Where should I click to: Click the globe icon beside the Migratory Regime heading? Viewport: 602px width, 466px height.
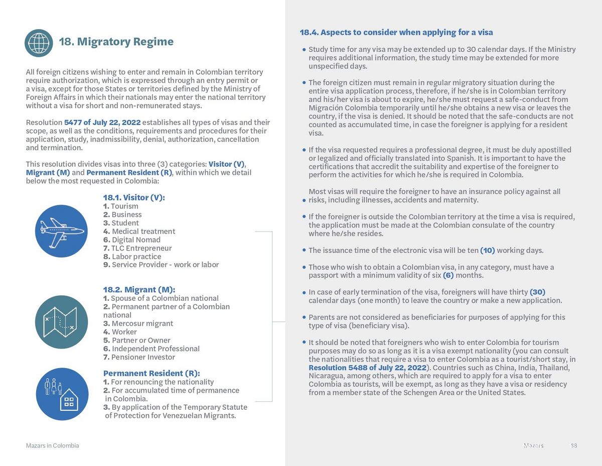[39, 43]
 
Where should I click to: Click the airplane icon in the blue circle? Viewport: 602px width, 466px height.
[61, 231]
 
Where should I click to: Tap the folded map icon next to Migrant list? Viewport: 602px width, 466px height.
[61, 321]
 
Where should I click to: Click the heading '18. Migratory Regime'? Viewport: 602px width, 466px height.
[116, 42]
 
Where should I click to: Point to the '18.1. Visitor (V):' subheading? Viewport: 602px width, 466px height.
[133, 197]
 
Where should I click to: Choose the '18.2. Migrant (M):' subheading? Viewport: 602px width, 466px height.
[139, 289]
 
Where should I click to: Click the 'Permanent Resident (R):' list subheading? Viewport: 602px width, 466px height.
[152, 373]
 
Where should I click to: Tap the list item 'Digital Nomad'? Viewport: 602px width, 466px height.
[136, 240]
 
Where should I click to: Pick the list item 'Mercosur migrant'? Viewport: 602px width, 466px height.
[142, 323]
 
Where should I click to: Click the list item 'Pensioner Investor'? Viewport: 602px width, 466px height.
[143, 357]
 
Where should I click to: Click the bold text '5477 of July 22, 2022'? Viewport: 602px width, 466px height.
[102, 123]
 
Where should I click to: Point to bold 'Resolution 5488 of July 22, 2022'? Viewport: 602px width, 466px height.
[367, 368]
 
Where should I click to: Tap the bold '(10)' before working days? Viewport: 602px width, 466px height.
[487, 250]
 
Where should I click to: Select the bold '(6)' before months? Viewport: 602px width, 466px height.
[448, 275]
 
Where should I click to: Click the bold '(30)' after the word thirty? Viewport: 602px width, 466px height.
[537, 292]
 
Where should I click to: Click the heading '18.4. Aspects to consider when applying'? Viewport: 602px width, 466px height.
[396, 32]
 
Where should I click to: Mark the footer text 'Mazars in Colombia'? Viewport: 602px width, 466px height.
[52, 445]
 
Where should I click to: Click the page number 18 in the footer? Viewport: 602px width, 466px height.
[574, 445]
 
